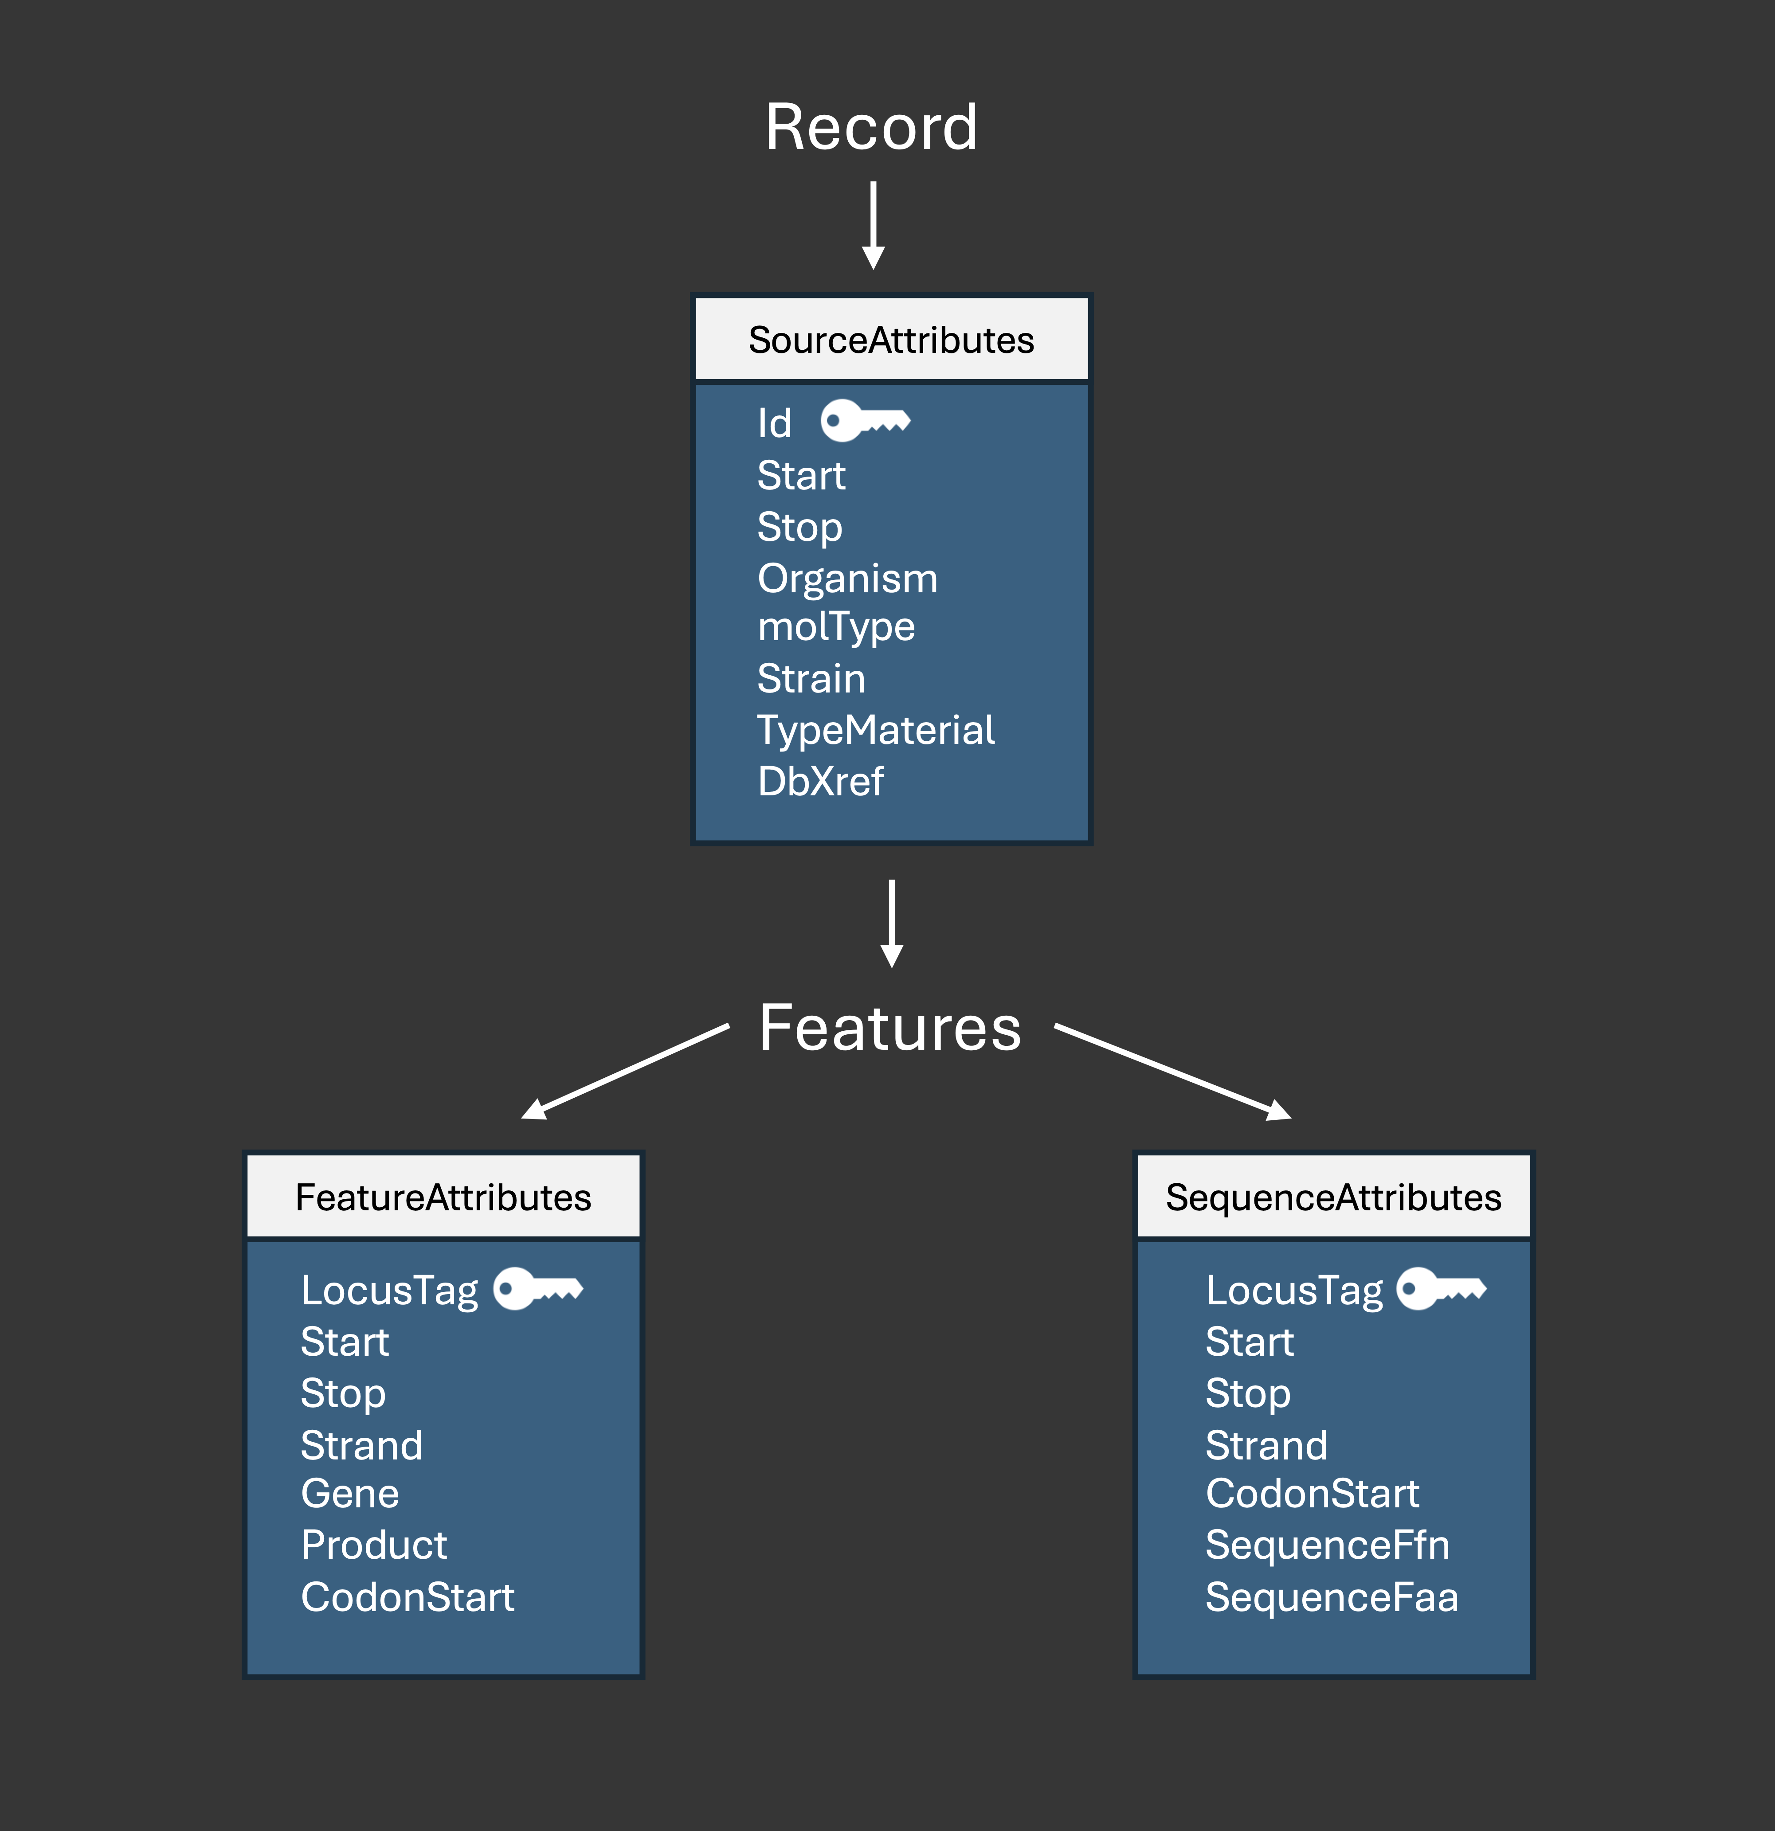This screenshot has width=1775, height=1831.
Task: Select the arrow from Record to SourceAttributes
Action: (874, 224)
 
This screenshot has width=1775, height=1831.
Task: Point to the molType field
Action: (836, 627)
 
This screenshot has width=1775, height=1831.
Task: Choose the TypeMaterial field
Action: (875, 730)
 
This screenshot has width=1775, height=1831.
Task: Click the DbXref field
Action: (820, 781)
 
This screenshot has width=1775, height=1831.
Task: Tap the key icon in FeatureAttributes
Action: (537, 1289)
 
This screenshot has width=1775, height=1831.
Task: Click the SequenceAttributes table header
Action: (1333, 1197)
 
